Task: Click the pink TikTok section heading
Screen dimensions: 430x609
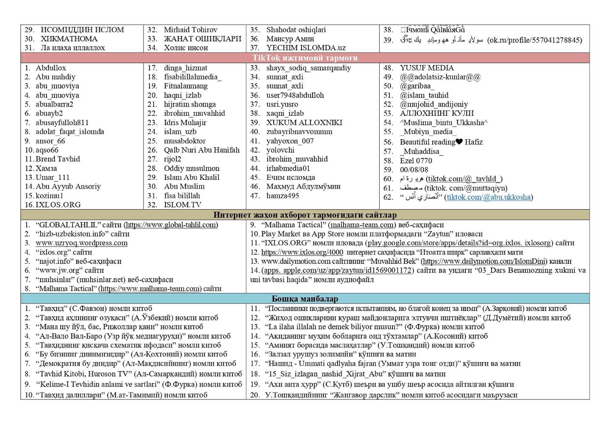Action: click(305, 58)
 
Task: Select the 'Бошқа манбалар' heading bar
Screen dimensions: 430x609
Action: click(305, 299)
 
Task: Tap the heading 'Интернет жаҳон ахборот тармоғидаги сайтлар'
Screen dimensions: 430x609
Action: click(305, 215)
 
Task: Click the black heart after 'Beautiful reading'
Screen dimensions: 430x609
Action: click(459, 142)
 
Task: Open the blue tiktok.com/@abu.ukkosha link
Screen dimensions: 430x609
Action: click(488, 197)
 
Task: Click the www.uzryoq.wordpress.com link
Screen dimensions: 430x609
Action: click(82, 243)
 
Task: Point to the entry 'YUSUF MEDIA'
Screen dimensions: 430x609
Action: click(427, 68)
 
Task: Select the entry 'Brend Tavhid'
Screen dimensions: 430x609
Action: click(58, 159)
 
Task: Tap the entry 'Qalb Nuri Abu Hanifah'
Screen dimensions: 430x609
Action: click(201, 150)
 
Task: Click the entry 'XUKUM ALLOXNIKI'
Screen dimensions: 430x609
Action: click(304, 123)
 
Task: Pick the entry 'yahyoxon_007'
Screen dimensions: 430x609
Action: click(290, 141)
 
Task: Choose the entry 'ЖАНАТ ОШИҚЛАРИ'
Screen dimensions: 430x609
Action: click(202, 39)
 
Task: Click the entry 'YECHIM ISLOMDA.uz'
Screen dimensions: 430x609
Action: click(306, 48)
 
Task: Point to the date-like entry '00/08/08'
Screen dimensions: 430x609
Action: click(414, 170)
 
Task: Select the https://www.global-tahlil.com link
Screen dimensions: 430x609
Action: click(171, 225)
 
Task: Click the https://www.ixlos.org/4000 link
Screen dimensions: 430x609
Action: click(302, 252)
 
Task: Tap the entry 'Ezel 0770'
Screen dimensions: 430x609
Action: click(416, 161)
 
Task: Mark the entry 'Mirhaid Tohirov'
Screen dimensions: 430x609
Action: click(190, 30)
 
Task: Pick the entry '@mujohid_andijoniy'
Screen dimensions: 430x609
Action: click(434, 104)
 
